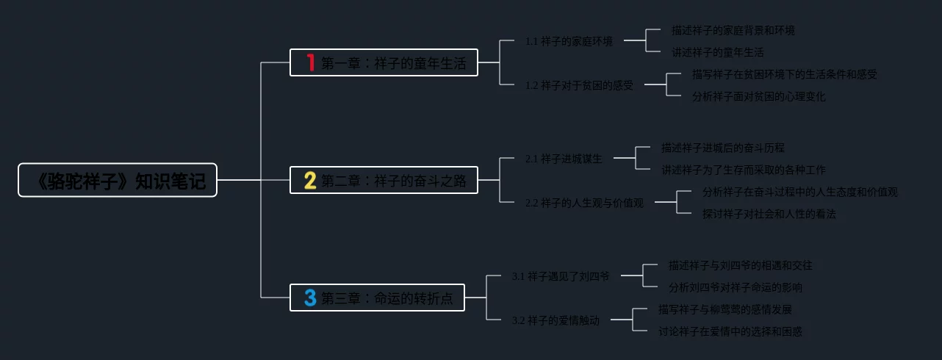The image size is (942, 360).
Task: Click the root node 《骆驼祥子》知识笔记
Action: tap(118, 180)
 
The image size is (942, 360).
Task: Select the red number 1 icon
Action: tap(310, 62)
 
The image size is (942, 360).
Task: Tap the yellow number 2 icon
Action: tap(310, 180)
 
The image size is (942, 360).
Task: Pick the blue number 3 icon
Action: tap(310, 298)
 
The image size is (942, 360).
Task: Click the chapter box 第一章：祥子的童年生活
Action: tap(384, 62)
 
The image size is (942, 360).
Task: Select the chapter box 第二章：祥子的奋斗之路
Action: tap(384, 180)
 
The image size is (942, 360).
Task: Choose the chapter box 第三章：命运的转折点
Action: tap(377, 298)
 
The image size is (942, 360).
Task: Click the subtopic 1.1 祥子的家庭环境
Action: tap(569, 41)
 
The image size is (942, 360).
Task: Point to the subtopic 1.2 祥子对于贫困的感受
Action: tap(579, 85)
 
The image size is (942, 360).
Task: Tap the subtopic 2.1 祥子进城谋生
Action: tap(564, 159)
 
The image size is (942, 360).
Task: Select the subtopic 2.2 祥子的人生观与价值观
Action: tap(584, 203)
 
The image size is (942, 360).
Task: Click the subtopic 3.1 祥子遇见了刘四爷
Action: tap(561, 276)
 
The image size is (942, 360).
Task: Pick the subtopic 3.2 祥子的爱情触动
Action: tap(556, 320)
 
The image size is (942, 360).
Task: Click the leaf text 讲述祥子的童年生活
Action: tap(717, 52)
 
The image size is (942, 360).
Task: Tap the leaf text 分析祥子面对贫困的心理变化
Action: tap(758, 96)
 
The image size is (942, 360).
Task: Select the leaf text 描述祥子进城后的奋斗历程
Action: tap(722, 148)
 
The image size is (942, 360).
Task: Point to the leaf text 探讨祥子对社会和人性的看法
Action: tap(769, 214)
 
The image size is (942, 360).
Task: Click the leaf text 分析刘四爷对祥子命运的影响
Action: tap(735, 287)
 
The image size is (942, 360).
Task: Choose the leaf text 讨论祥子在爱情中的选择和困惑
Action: tap(730, 331)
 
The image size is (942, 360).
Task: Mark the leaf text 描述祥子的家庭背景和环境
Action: tap(733, 30)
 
